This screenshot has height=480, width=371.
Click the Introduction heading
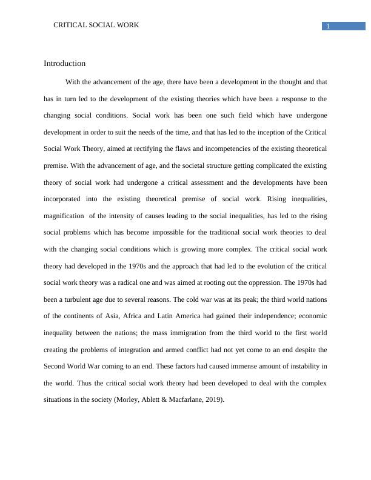pyautogui.click(x=64, y=64)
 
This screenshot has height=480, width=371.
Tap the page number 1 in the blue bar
pyautogui.click(x=328, y=26)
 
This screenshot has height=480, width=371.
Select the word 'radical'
pyautogui.click(x=135, y=282)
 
